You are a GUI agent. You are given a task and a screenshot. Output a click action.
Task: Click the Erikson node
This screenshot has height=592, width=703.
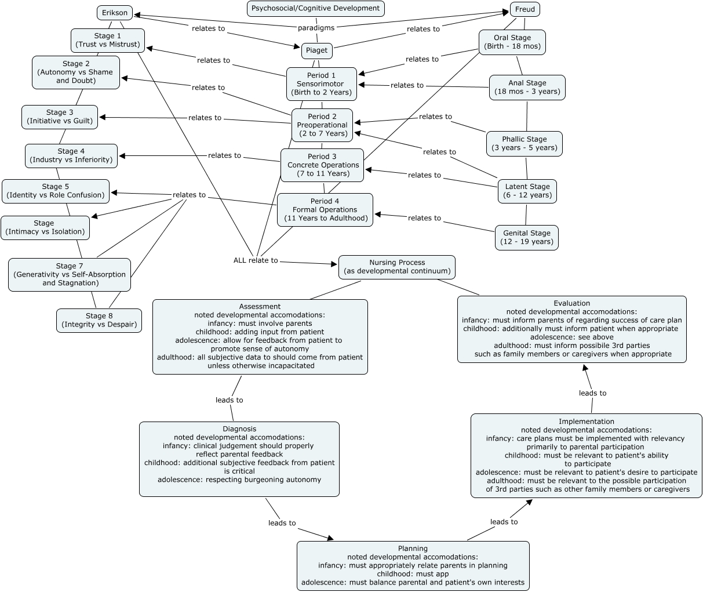(115, 13)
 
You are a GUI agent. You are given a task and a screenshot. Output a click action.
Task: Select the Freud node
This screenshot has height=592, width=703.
(525, 9)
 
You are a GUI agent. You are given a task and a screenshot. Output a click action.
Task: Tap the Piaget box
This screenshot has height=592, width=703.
(316, 50)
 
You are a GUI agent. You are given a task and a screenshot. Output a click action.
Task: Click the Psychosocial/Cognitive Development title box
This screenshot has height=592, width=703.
(316, 8)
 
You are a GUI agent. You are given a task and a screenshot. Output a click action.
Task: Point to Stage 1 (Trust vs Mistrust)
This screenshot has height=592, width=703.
(108, 40)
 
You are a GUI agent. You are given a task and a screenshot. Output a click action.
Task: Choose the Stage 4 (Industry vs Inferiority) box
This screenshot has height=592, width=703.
(71, 155)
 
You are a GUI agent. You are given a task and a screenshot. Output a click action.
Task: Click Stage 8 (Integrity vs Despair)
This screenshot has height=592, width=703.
(99, 320)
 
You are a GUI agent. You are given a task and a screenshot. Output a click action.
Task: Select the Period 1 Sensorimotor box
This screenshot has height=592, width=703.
(322, 83)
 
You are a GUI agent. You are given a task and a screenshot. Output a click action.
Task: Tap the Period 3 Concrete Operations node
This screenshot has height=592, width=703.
(322, 165)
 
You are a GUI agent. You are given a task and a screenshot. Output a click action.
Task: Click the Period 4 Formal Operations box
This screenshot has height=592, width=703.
(325, 209)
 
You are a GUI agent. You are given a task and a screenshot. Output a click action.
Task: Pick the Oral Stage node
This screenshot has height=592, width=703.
(512, 42)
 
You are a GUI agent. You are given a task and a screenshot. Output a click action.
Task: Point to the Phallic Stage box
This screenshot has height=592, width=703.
(524, 143)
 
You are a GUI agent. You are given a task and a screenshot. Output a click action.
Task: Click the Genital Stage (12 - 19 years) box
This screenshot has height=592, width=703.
(527, 237)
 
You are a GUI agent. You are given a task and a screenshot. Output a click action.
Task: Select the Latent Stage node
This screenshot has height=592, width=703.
(527, 191)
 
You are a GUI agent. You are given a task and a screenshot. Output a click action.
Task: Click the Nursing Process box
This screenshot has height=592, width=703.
(397, 267)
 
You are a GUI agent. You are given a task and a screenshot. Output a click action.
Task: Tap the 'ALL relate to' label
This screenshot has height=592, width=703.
(256, 260)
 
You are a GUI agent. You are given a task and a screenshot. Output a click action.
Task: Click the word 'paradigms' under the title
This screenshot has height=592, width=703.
(316, 28)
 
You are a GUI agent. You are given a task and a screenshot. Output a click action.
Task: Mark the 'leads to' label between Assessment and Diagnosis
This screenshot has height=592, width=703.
(230, 400)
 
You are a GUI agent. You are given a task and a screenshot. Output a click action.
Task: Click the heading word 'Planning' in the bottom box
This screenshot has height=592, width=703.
(413, 549)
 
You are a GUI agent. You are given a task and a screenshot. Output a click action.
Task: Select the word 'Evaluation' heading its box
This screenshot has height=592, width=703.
(571, 303)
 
